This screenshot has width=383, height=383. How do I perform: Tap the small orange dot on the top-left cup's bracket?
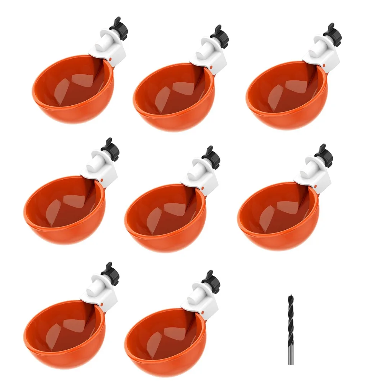tap(110, 60)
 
